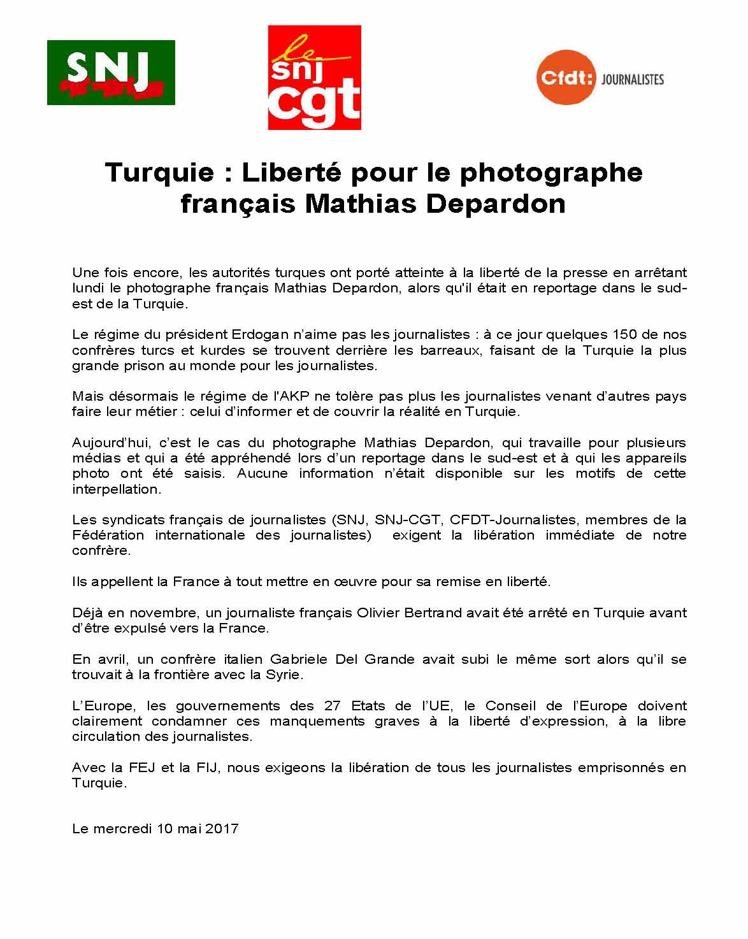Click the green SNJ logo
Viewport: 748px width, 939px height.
[111, 72]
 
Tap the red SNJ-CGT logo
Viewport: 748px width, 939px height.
[314, 77]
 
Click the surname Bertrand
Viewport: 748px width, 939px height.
[430, 613]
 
